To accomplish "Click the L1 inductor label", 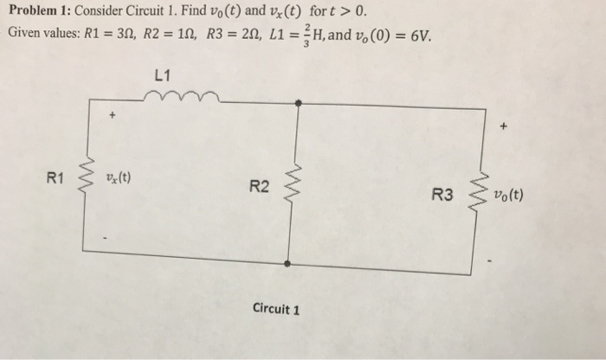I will pyautogui.click(x=158, y=75).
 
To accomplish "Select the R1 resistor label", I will pyautogui.click(x=56, y=179).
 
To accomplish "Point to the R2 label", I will pyautogui.click(x=259, y=186).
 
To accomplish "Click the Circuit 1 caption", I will pyautogui.click(x=276, y=308).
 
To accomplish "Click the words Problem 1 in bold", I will pyautogui.click(x=35, y=12).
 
